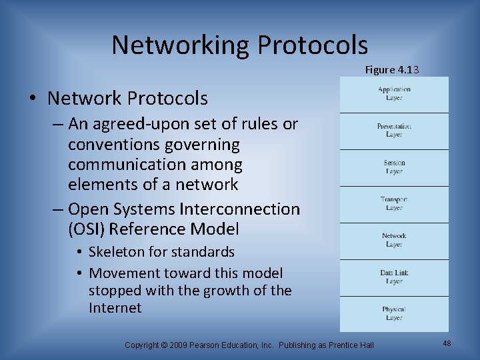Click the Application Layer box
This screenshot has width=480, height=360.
tap(394, 94)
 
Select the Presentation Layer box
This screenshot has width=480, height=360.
tap(394, 131)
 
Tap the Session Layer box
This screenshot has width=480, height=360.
tap(394, 167)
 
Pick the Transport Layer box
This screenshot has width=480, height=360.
tap(394, 204)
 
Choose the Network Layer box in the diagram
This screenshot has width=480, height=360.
tap(394, 241)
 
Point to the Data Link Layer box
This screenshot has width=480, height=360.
tap(394, 277)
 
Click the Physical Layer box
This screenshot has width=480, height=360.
tap(394, 313)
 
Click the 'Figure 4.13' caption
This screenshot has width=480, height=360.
tap(392, 69)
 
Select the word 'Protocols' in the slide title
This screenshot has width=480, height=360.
tap(313, 45)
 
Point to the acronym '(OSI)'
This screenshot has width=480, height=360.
tap(87, 229)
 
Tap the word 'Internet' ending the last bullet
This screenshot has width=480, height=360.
tap(115, 308)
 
